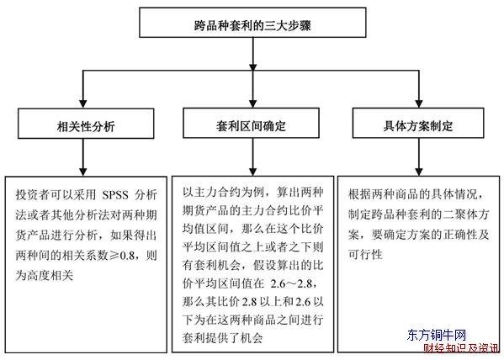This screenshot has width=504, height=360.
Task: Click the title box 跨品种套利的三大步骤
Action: [x=252, y=23]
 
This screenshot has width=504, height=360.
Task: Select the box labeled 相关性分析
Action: [x=86, y=124]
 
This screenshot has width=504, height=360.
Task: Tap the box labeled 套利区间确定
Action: [x=251, y=123]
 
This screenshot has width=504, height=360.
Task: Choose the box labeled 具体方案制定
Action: [x=418, y=123]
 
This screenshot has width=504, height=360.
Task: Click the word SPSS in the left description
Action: [x=115, y=195]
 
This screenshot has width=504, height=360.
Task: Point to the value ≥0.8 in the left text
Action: [x=122, y=256]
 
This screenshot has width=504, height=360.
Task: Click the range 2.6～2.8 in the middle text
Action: [x=291, y=283]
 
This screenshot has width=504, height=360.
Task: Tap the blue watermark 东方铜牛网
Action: [x=437, y=336]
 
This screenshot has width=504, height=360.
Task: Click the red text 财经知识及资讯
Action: [x=461, y=348]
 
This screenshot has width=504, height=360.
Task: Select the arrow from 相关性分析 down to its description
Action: [x=83, y=157]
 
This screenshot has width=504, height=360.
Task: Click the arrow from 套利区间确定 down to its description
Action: [x=253, y=156]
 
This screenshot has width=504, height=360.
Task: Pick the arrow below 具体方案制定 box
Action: [x=419, y=156]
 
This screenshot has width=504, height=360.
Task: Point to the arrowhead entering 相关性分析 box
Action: [x=83, y=104]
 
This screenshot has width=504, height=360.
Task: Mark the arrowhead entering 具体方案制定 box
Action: [x=419, y=103]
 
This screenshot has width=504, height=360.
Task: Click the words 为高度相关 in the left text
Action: [x=45, y=275]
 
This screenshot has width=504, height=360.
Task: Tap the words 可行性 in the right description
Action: [x=365, y=255]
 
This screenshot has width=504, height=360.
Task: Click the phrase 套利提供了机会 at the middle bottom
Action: [x=223, y=338]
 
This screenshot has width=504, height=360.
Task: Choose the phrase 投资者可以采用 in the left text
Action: [x=56, y=195]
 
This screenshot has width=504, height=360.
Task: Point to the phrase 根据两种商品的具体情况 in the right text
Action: [x=413, y=194]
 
